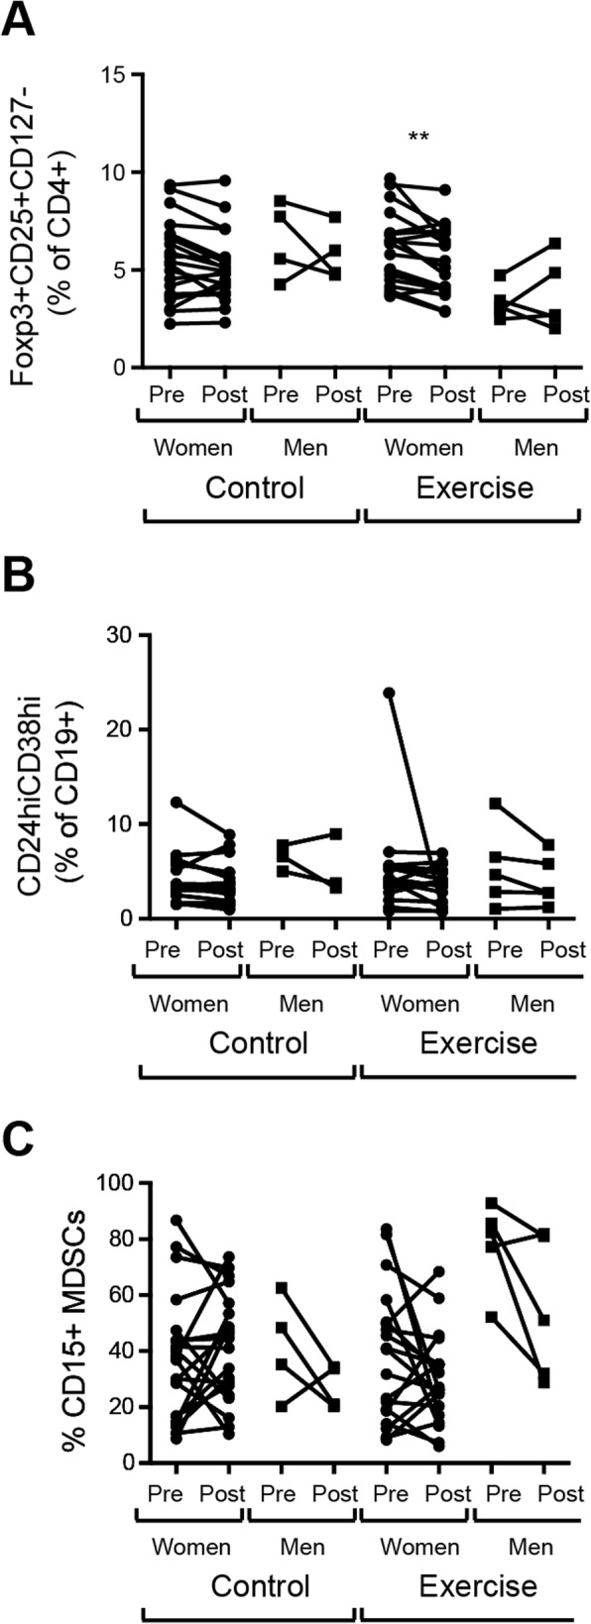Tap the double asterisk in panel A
click(x=418, y=138)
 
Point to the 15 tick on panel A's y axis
click(x=116, y=75)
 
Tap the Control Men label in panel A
click(x=306, y=447)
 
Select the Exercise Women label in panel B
click(x=420, y=1004)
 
